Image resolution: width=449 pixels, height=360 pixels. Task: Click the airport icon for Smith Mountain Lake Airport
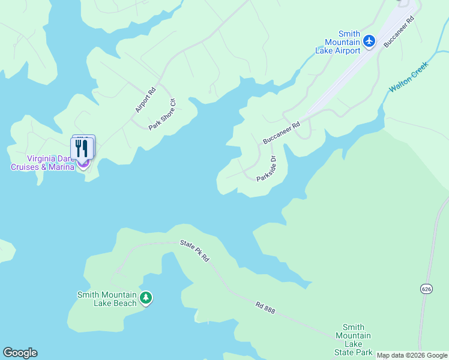(369, 41)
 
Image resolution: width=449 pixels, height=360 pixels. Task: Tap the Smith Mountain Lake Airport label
(338, 43)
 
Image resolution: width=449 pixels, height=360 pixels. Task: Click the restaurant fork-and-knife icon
(83, 148)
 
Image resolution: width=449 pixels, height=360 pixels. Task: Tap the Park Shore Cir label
(162, 114)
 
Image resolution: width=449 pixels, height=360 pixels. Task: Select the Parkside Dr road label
(266, 169)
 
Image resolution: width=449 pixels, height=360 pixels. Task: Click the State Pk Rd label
(194, 250)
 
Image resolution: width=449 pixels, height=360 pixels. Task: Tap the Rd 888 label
(265, 307)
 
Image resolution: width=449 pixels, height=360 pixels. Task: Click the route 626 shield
(426, 289)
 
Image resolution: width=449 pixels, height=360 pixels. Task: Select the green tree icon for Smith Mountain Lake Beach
(145, 298)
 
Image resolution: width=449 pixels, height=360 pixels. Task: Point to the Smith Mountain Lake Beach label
(107, 298)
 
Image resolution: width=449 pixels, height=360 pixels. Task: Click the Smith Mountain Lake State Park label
(353, 340)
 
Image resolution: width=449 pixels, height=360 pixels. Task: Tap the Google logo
(20, 353)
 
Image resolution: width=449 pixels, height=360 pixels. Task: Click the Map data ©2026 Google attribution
(412, 355)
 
